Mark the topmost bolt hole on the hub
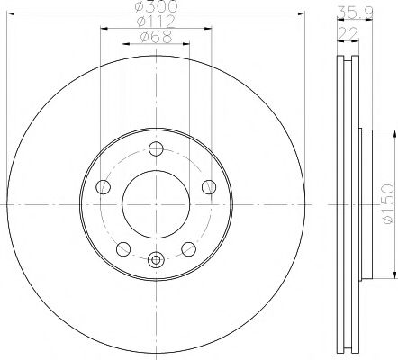click(156, 149)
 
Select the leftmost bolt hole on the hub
click(103, 187)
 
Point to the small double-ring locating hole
click(156, 261)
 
